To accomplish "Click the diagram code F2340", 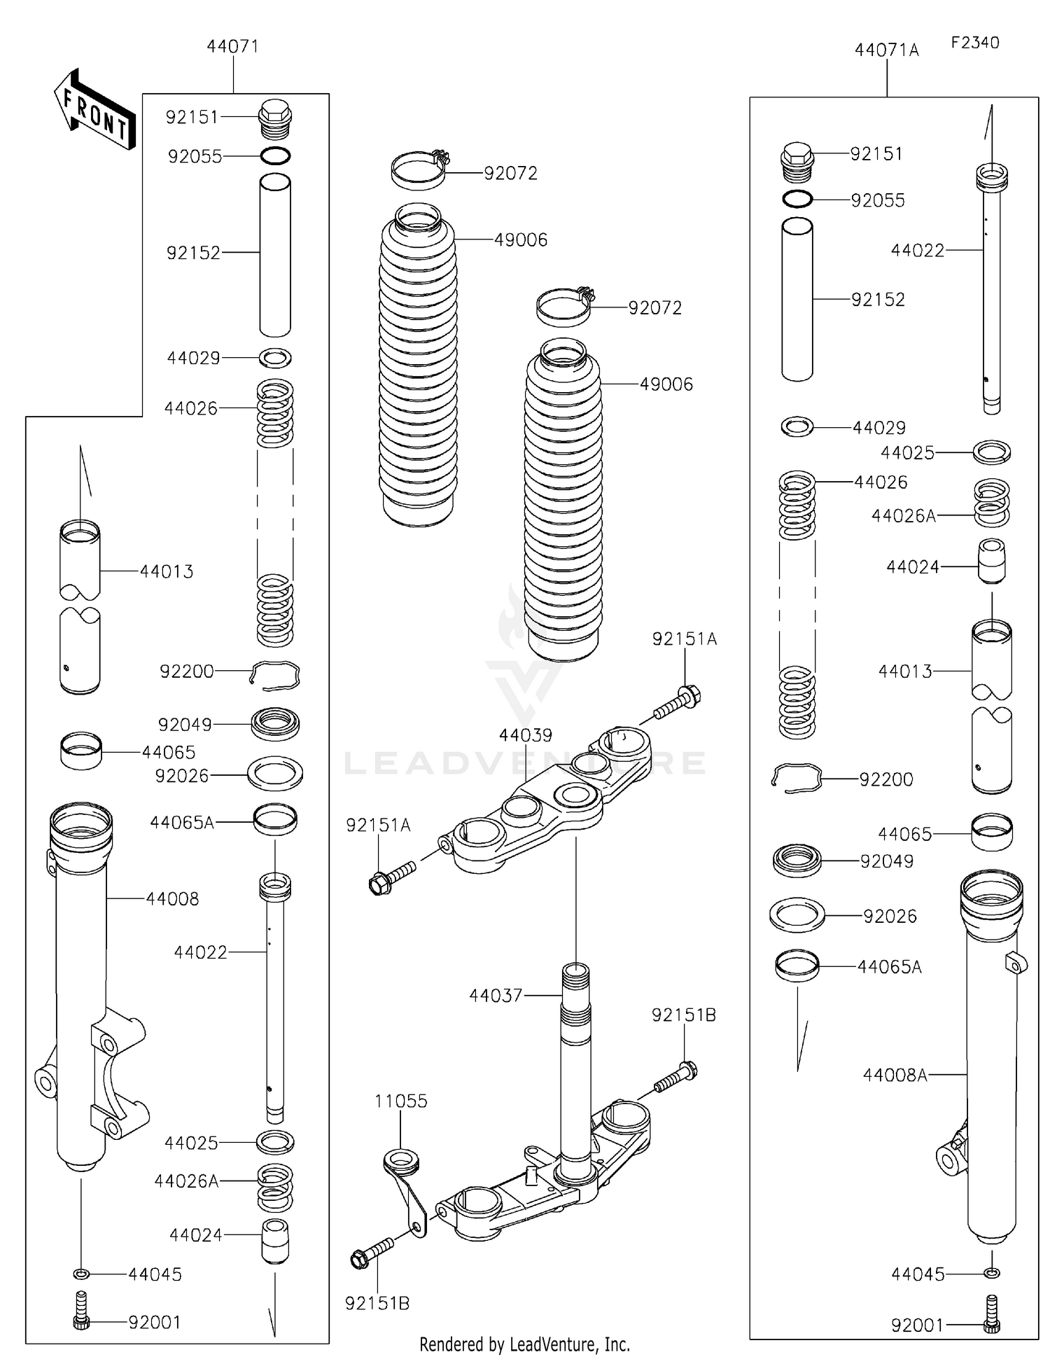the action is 975,42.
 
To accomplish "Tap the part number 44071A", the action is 886,50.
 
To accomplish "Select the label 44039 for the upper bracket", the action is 526,735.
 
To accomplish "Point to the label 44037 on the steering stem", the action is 496,995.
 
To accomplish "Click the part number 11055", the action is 400,1101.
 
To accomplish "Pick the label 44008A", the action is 895,1075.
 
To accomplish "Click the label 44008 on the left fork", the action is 172,898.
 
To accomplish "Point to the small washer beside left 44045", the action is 80,1272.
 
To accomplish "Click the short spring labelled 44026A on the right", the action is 992,502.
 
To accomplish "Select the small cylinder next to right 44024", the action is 991,560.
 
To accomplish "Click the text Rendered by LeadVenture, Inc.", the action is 525,1344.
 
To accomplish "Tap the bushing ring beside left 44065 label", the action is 81,751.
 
